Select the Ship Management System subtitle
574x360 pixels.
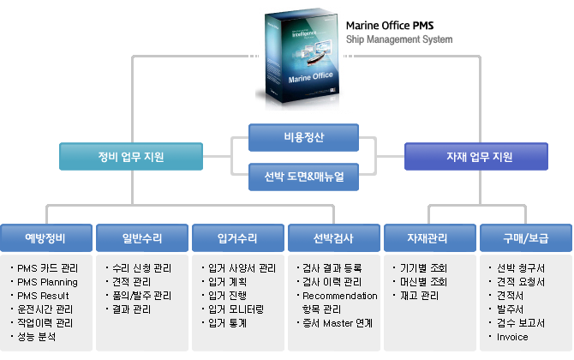click(399, 39)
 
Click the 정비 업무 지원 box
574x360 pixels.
click(131, 157)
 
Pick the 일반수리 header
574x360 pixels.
click(141, 237)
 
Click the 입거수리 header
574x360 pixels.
click(237, 237)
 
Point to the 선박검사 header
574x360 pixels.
click(333, 237)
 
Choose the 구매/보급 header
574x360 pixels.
click(525, 237)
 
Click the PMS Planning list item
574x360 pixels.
click(47, 282)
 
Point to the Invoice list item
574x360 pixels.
click(512, 337)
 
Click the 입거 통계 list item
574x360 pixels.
click(227, 323)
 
